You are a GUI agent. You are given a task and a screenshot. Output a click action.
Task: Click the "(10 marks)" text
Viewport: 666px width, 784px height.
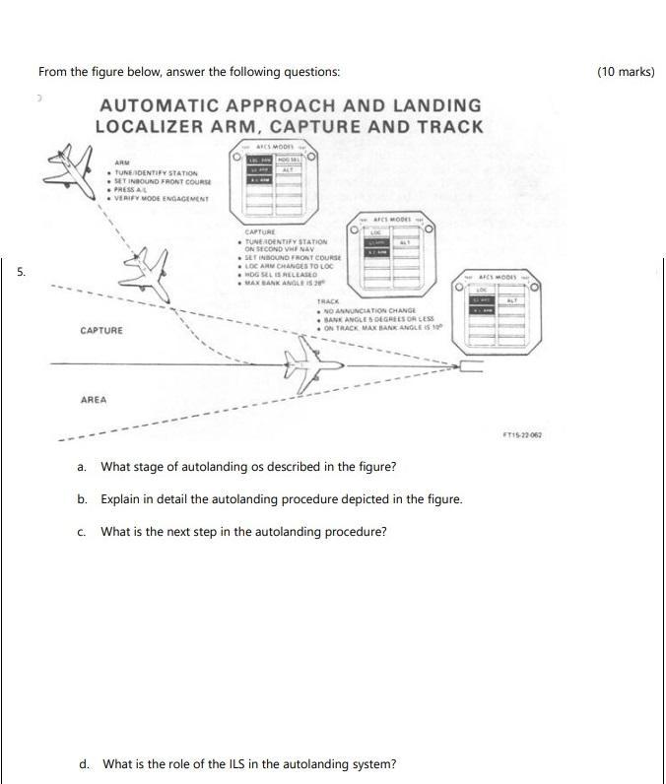click(x=626, y=72)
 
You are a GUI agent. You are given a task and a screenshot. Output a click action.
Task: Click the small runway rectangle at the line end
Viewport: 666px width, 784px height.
click(x=470, y=367)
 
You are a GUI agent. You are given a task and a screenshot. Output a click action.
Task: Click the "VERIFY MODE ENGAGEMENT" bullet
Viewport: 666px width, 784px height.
click(x=163, y=198)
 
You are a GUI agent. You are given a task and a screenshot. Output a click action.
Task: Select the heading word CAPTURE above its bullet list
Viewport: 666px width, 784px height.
click(x=258, y=232)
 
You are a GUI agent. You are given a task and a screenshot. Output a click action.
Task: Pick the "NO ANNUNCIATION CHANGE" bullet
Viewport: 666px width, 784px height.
click(x=367, y=311)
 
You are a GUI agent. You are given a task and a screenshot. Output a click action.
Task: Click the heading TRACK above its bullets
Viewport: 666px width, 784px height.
click(x=328, y=301)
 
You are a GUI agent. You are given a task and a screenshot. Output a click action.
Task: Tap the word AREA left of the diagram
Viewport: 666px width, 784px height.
click(x=95, y=400)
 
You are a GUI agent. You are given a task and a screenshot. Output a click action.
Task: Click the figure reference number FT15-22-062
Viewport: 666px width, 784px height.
click(x=522, y=434)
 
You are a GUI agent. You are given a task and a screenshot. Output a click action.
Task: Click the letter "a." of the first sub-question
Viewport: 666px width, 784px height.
click(x=83, y=467)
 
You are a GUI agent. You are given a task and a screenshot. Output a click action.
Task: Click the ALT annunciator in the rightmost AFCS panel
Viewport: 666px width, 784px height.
click(x=510, y=300)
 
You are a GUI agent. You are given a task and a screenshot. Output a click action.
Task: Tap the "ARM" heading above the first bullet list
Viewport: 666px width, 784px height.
click(x=122, y=163)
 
